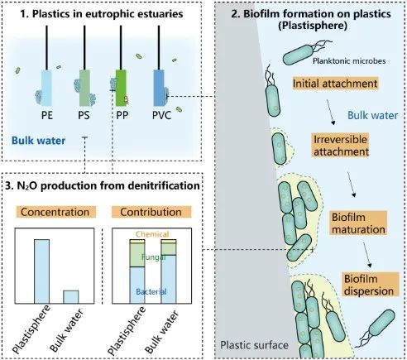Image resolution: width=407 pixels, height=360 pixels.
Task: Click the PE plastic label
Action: point(47,115)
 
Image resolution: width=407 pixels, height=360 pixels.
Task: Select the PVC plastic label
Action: point(161,115)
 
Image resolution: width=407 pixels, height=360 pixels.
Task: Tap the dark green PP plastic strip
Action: point(121,88)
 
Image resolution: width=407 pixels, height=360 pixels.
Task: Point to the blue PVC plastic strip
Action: point(159,88)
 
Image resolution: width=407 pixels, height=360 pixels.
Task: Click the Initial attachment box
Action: point(335,84)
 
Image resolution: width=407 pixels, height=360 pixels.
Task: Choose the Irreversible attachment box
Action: point(341,146)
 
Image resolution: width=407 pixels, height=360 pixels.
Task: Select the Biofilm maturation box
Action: point(358,223)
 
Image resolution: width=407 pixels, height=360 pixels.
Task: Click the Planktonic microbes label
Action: point(349,60)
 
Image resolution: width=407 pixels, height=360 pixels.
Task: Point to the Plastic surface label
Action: point(254,345)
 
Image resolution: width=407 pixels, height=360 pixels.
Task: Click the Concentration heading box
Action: point(55,212)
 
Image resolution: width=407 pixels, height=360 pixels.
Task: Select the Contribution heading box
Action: point(151,212)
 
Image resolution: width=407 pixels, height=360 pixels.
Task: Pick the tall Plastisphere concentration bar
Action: point(41,271)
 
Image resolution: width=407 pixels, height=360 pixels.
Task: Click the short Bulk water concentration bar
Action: point(71,297)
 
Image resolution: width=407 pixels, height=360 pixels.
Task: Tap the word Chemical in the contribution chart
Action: point(152,234)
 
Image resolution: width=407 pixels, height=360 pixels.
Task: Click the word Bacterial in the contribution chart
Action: point(151,291)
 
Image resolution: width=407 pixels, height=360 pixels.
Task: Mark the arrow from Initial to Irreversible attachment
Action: point(331,113)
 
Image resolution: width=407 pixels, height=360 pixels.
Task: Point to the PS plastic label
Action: point(84,115)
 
